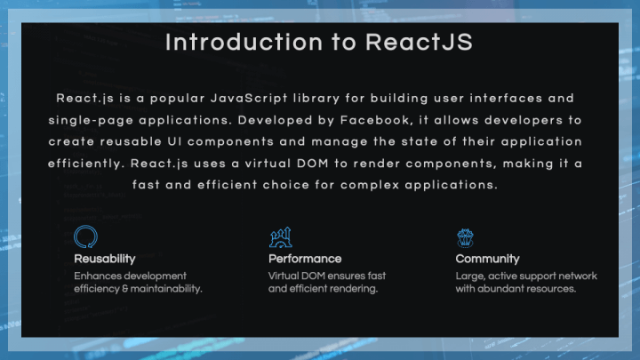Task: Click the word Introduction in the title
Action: point(244,42)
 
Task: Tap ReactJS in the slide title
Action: point(420,42)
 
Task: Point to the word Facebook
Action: point(375,120)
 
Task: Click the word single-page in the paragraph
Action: point(91,121)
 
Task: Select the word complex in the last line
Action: point(370,185)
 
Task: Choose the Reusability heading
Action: point(105,259)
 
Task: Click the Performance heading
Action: point(305,259)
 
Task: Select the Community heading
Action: point(487,259)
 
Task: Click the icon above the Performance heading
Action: point(281,237)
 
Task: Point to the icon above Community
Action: point(465,238)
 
